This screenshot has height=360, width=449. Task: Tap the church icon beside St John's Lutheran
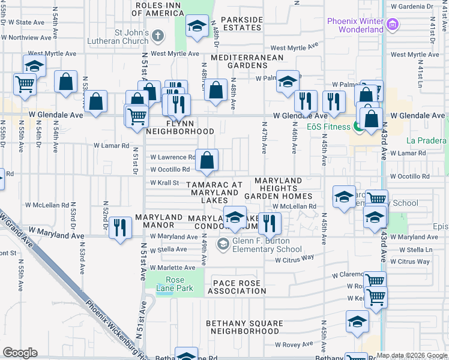(158, 35)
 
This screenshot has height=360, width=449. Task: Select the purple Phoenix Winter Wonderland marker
(393, 25)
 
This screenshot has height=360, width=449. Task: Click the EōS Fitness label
(328, 127)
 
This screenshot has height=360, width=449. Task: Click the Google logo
(20, 352)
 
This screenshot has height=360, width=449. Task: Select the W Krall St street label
(164, 182)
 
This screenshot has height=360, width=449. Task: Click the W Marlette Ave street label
(172, 268)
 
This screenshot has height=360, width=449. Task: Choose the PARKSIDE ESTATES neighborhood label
(242, 24)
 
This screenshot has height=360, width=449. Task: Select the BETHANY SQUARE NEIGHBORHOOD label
(244, 327)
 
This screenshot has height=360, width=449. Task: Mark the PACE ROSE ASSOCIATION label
(237, 287)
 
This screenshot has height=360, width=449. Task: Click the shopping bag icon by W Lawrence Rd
(206, 160)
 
